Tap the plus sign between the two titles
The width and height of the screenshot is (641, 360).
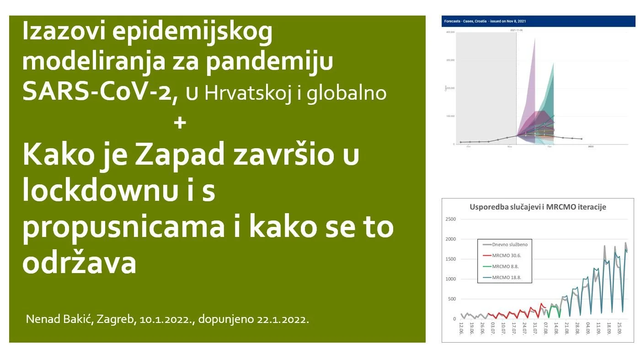[x=180, y=123]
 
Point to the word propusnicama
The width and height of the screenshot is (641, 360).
[x=123, y=227]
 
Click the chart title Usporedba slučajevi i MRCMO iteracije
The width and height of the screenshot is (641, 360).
[x=538, y=207]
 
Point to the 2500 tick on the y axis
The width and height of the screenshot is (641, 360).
[x=450, y=219]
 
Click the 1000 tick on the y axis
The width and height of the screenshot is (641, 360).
[x=450, y=279]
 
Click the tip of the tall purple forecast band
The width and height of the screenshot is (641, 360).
[x=534, y=38]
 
